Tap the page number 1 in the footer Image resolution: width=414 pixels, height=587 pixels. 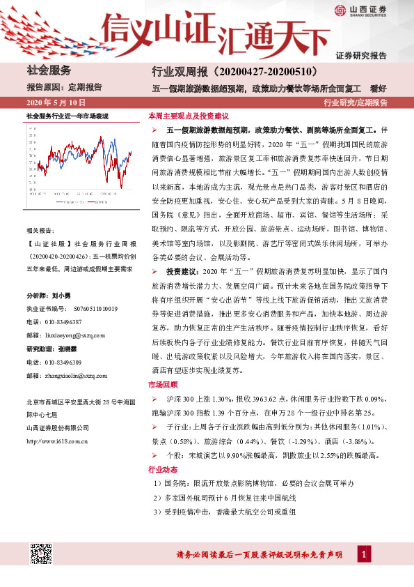tap(364, 554)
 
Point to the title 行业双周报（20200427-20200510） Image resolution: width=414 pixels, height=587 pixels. tap(234, 71)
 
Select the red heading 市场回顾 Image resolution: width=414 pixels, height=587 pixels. tap(163, 384)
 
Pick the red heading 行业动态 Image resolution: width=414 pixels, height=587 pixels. tap(163, 470)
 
